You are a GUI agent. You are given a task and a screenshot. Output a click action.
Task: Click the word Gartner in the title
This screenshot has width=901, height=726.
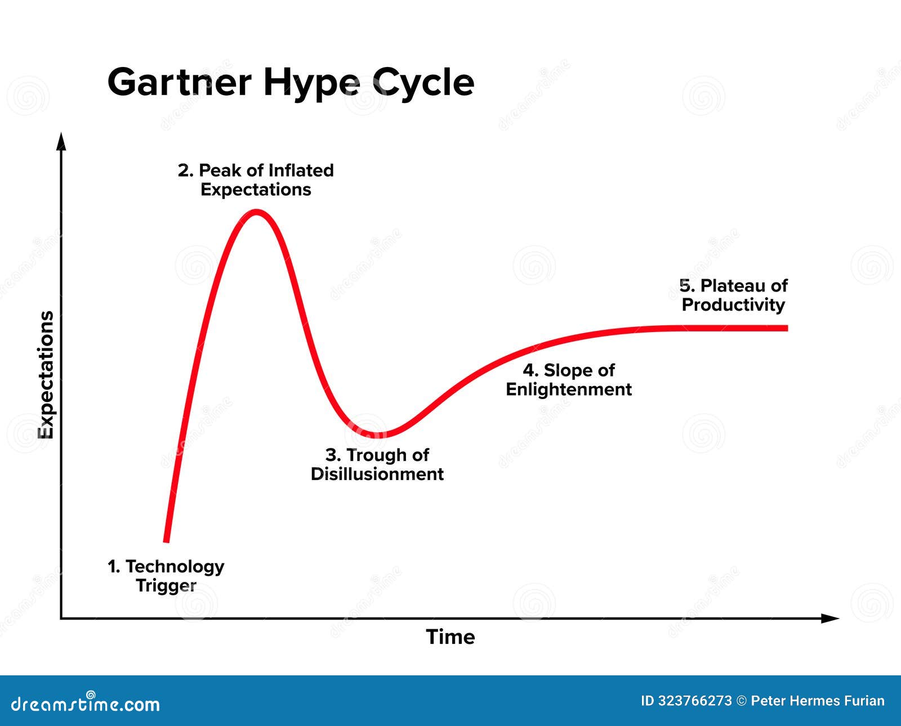(179, 82)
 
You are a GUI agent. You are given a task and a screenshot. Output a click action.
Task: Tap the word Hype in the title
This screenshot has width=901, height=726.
(311, 83)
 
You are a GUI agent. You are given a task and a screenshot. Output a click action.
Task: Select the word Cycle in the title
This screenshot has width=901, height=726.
(423, 83)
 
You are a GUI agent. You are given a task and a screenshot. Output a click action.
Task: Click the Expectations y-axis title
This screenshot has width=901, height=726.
(46, 375)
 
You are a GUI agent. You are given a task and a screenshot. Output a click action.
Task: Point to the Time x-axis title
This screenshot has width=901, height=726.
(450, 637)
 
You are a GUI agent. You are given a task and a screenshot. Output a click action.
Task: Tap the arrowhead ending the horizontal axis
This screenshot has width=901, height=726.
(831, 619)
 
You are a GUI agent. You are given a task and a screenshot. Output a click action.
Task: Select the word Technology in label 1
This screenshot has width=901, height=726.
(175, 566)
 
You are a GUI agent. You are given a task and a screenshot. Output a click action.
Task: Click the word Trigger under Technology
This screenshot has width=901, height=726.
(166, 586)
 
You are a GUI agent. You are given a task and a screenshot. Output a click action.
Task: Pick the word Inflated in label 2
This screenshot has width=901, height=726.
(301, 170)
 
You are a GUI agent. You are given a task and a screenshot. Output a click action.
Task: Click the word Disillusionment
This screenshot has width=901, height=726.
(377, 474)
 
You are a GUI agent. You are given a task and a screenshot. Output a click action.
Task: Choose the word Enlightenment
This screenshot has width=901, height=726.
(569, 389)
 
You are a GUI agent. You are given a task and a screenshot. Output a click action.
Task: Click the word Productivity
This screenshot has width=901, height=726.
(733, 305)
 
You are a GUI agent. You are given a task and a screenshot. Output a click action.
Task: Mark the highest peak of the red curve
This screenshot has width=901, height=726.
(257, 213)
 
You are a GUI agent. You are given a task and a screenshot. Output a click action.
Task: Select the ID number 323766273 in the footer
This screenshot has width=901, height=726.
(695, 701)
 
